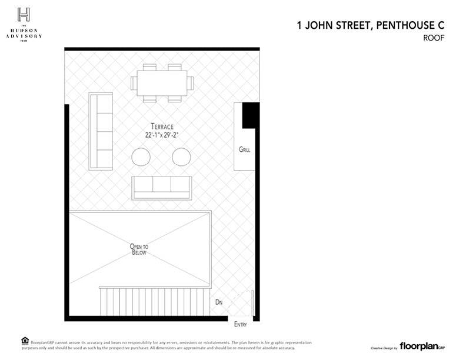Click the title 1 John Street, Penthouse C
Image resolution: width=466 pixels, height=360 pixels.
370,25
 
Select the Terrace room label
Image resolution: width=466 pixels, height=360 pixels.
162,126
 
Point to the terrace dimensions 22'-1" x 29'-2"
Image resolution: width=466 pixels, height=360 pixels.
162,135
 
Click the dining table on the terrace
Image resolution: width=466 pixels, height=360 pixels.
162,83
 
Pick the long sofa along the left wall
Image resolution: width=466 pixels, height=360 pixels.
101,131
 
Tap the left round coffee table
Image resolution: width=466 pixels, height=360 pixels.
141,156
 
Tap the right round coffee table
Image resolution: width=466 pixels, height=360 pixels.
181,156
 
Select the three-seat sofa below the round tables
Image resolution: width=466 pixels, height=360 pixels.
162,187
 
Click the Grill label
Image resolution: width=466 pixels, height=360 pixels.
245,149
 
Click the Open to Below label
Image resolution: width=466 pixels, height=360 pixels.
139,249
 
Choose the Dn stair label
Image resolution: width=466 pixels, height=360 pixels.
219,302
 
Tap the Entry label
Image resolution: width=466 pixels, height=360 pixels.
241,324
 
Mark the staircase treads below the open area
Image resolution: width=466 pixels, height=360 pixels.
154,302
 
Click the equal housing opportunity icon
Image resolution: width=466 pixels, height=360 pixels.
24,341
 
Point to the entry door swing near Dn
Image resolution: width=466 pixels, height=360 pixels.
240,302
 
